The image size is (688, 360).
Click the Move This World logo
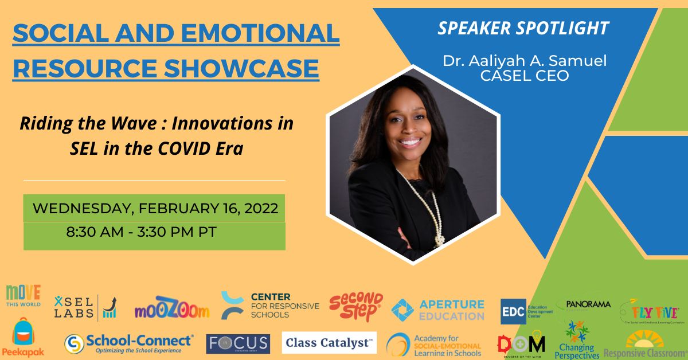[24, 296]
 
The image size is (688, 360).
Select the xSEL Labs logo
[84, 307]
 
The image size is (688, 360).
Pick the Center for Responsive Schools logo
[270, 306]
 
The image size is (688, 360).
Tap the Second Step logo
[356, 306]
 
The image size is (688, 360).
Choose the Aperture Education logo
[438, 310]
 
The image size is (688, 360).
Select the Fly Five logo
[650, 312]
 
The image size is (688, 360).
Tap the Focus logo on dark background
[238, 344]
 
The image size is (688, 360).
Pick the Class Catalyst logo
[329, 343]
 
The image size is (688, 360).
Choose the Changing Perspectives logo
[577, 341]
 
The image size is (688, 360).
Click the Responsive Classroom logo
[646, 345]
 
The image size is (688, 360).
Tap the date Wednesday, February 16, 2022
[155, 208]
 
